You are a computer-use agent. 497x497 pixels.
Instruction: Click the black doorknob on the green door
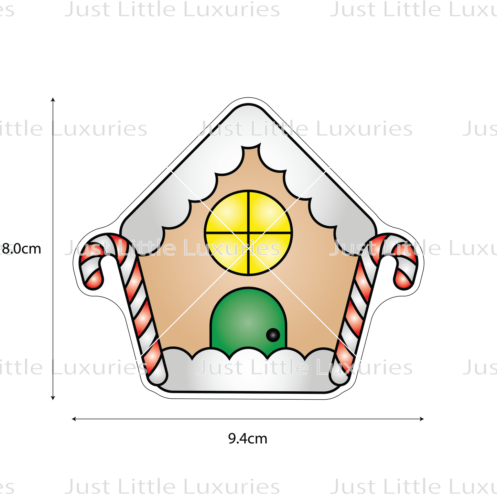click(273, 335)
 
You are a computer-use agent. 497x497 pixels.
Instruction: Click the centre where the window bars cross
click(248, 233)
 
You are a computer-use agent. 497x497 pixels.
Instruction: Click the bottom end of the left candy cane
click(158, 377)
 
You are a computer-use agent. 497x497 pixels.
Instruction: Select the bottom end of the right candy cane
click(339, 377)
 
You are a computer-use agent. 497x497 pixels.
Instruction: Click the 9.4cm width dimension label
click(247, 439)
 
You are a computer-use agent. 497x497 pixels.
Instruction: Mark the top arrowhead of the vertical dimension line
click(53, 99)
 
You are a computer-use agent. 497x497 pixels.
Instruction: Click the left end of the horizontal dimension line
click(78, 419)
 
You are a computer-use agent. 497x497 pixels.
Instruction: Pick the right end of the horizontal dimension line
click(418, 419)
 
